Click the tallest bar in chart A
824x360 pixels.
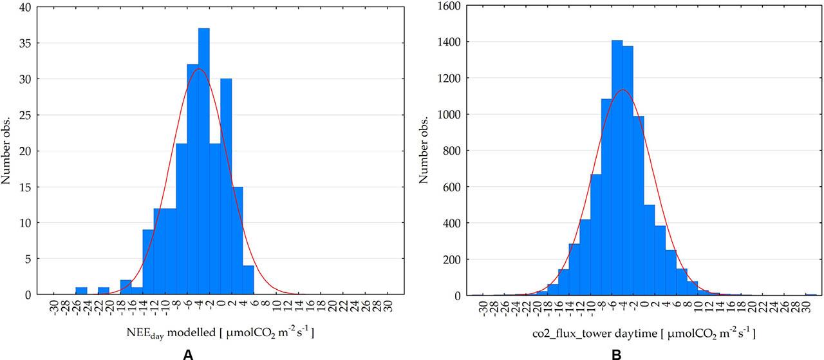[204, 161]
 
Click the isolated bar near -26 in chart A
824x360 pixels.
[81, 291]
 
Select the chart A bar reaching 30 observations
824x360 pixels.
[226, 187]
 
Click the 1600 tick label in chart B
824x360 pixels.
[442, 6]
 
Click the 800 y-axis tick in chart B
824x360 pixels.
[444, 151]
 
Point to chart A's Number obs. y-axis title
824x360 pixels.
[8, 151]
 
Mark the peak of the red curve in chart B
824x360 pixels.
[622, 90]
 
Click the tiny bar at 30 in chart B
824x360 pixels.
[810, 294]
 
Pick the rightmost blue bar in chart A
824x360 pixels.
[248, 281]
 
